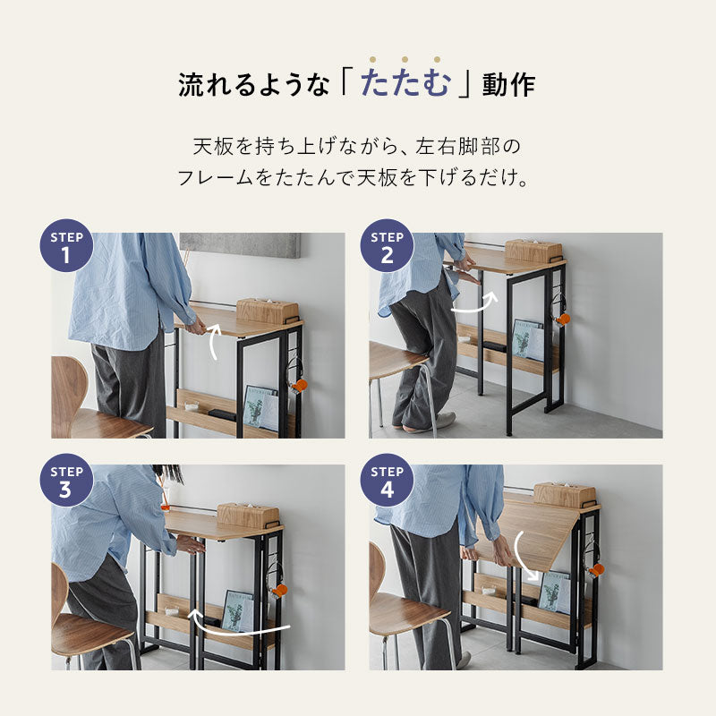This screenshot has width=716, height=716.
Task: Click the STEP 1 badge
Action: pyautogui.click(x=66, y=246)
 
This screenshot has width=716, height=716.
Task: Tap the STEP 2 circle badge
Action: pyautogui.click(x=387, y=246)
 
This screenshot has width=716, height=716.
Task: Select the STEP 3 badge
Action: pyautogui.click(x=66, y=480)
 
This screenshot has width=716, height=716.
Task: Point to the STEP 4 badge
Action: pyautogui.click(x=387, y=480)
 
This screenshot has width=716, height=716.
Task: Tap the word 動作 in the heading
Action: pyautogui.click(x=509, y=85)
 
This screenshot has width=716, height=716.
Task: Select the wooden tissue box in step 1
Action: pyautogui.click(x=267, y=311)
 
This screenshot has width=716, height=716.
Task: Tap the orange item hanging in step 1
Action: pyautogui.click(x=300, y=385)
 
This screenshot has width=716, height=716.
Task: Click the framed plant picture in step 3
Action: pyautogui.click(x=236, y=609)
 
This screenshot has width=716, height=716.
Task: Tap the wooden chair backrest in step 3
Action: pyautogui.click(x=59, y=592)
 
